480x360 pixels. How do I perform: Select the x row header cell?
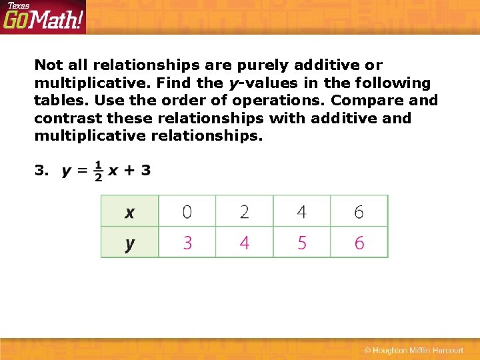coord(129,211)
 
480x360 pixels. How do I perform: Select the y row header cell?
coord(129,243)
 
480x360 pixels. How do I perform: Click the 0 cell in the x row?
coord(187,211)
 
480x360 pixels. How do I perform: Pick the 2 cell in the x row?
coord(244,211)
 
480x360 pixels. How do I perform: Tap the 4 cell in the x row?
coord(301,211)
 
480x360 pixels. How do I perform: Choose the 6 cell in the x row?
coord(359,211)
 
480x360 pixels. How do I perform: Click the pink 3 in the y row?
coord(187,243)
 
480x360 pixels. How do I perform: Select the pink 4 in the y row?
coord(244,243)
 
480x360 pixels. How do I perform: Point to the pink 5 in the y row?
coord(301,243)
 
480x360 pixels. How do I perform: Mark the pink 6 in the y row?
coord(359,243)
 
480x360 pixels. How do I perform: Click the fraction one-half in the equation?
coord(97,171)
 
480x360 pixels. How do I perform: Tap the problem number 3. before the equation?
coord(41,171)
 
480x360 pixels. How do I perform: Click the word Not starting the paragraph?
coord(48,65)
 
